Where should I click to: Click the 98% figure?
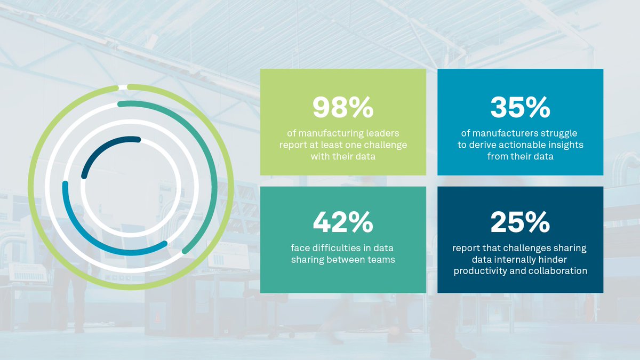pos(342,108)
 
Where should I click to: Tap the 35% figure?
pos(520,108)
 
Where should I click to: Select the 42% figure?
pos(342,222)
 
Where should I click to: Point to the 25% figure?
pos(520,222)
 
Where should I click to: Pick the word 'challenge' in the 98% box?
pos(385,145)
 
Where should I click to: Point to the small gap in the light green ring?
pos(123,87)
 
